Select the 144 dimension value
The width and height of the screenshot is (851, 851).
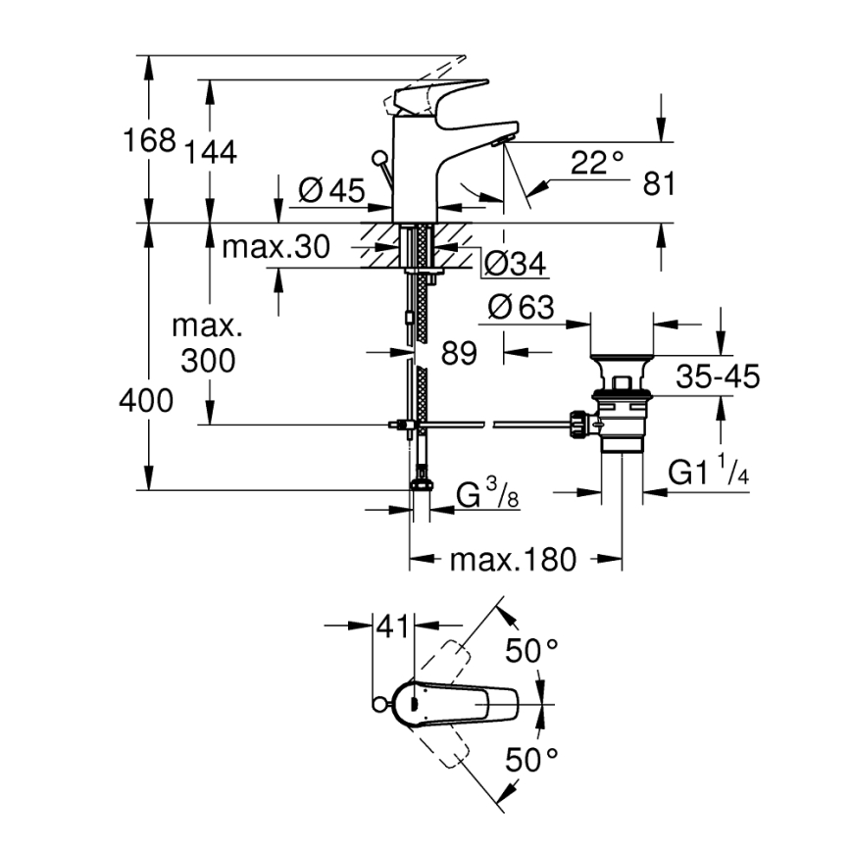(x=208, y=152)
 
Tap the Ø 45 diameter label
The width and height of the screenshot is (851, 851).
(x=330, y=191)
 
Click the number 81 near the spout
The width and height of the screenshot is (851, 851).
(x=659, y=183)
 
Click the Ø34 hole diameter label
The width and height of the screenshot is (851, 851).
(x=515, y=263)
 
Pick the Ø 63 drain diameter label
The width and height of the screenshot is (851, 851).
(x=521, y=309)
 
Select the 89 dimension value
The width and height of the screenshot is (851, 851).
(x=458, y=353)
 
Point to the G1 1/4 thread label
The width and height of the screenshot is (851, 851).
(x=709, y=474)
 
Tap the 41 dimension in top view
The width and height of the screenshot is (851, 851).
(x=393, y=626)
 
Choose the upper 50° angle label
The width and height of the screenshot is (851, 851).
(x=531, y=649)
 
